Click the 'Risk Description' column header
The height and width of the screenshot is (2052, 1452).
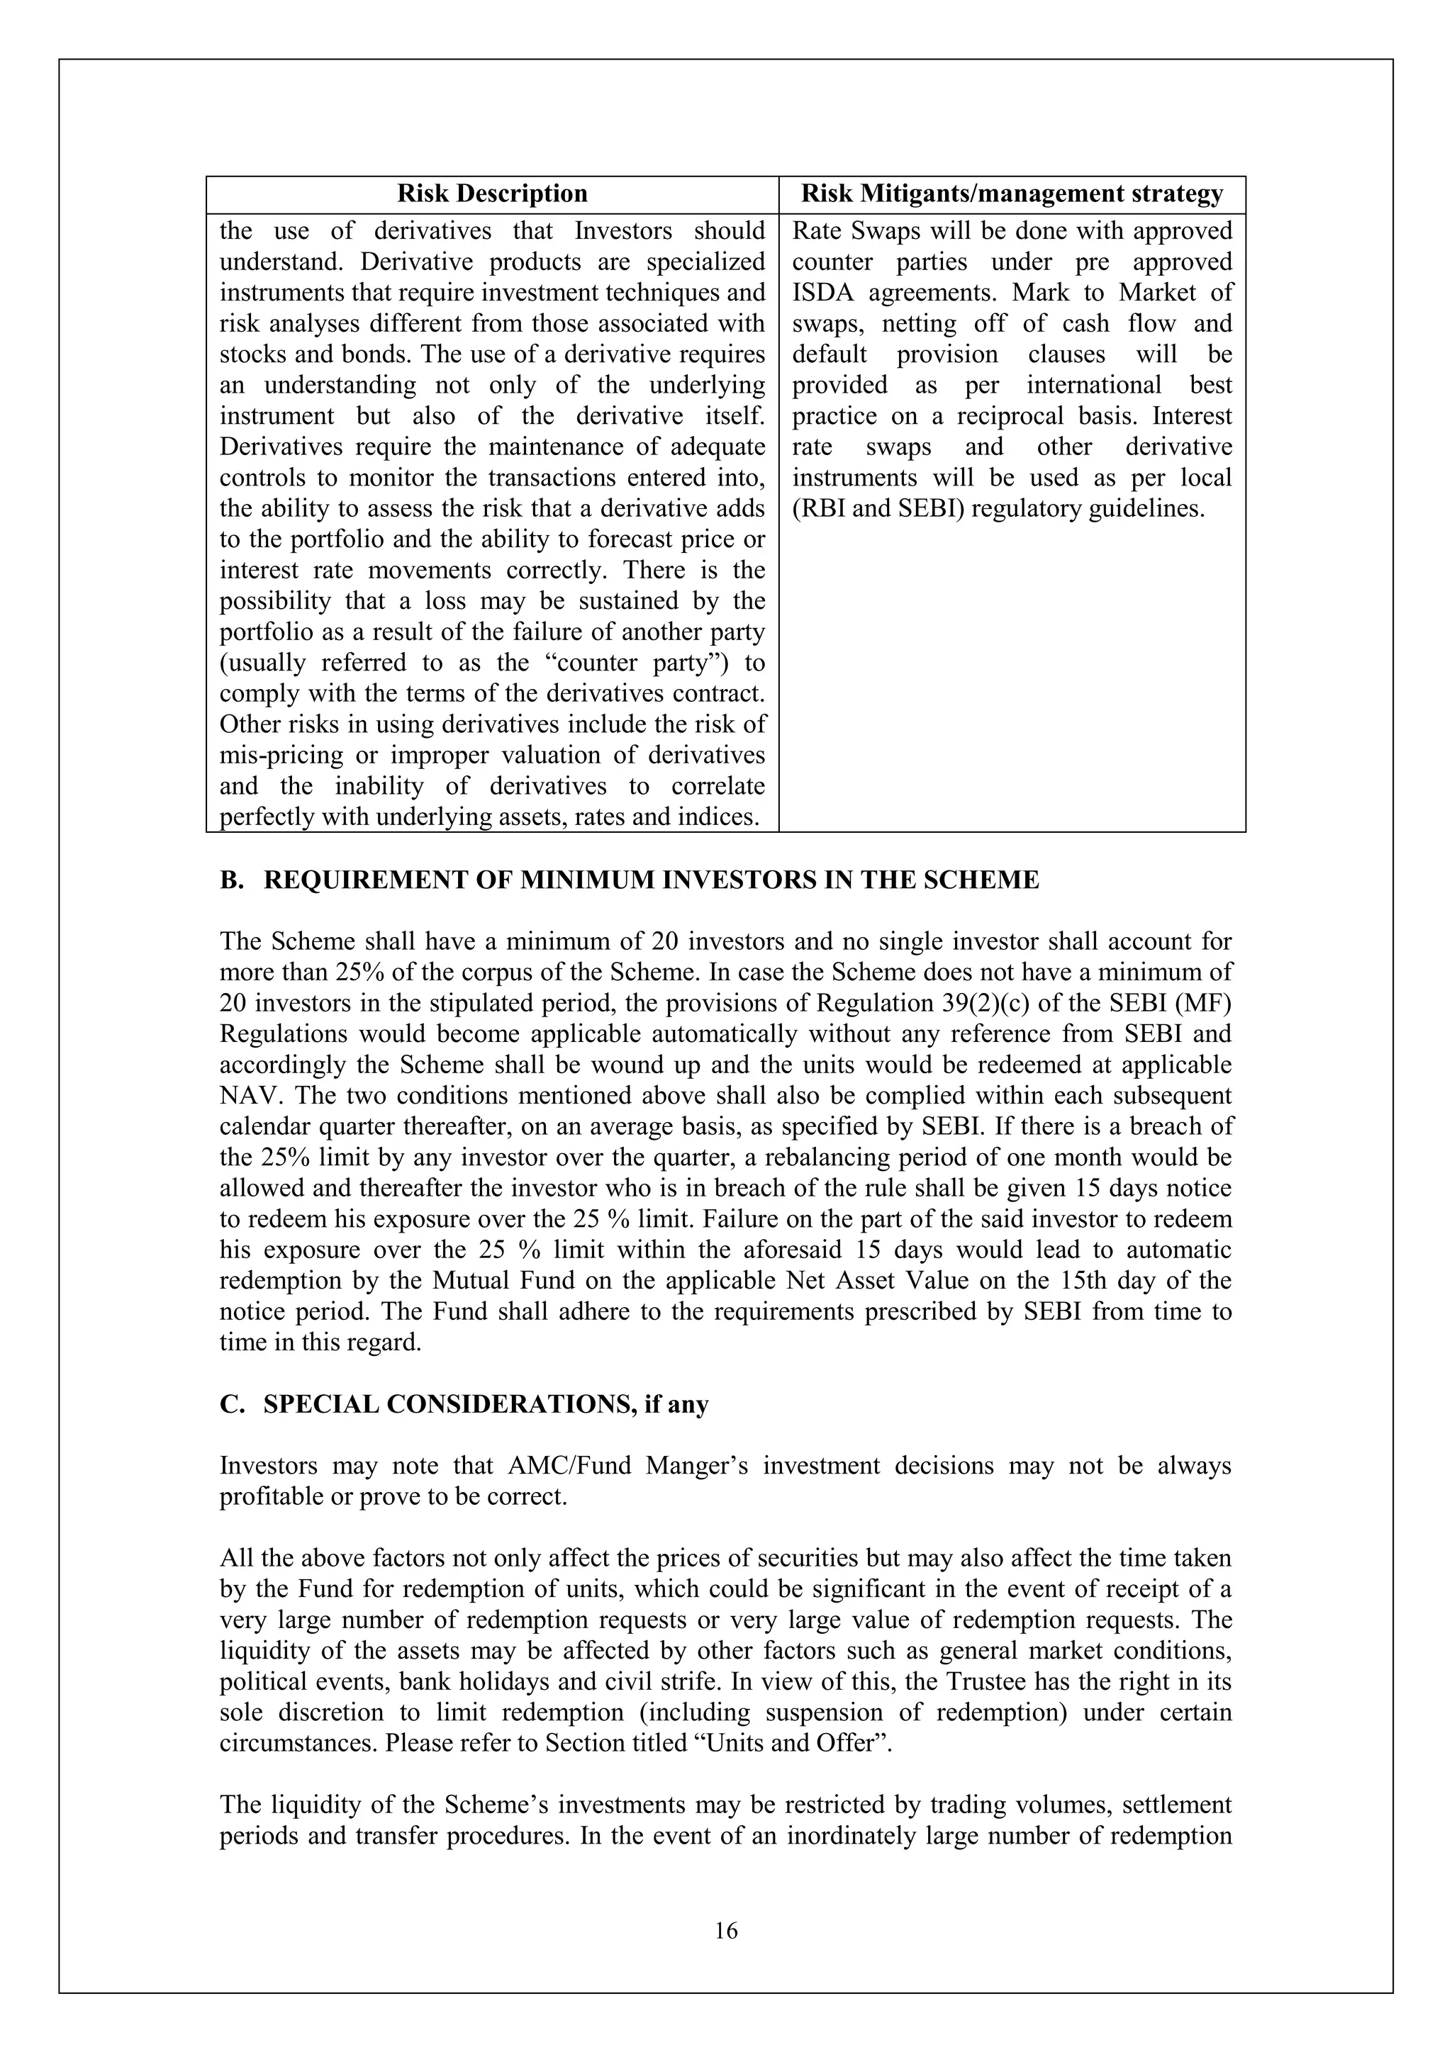coord(492,194)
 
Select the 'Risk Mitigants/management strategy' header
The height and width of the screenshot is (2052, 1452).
coord(1011,194)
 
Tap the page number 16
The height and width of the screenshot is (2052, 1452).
coord(726,1932)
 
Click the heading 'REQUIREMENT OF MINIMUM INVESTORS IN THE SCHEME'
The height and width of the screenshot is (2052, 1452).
coord(651,880)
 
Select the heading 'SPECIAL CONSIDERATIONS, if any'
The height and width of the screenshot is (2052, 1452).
coord(486,1405)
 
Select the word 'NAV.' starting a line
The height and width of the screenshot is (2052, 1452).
coord(246,1097)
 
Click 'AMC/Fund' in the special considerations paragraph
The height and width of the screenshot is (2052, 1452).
coord(559,1467)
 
